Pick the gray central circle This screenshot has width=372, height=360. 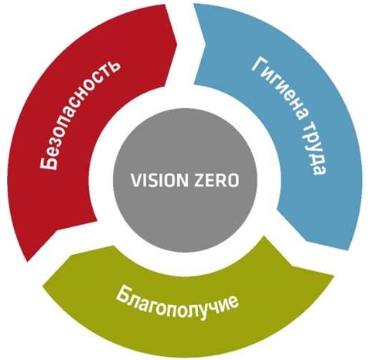pyautogui.click(x=186, y=180)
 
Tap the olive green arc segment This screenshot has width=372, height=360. pyautogui.click(x=186, y=304)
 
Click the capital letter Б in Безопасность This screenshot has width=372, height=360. pyautogui.click(x=48, y=162)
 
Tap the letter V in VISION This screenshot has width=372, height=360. pyautogui.click(x=136, y=180)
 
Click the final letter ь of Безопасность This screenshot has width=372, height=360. pyautogui.click(x=113, y=66)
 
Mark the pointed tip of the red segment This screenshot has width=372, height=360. pyautogui.click(x=28, y=260)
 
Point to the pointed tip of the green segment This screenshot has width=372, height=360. pyautogui.click(x=333, y=276)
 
